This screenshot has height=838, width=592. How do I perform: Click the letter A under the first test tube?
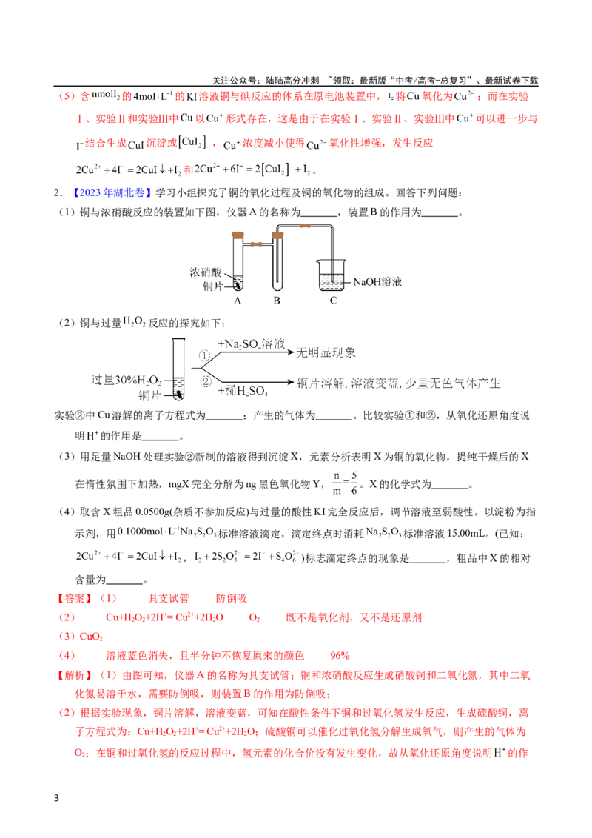click(238, 301)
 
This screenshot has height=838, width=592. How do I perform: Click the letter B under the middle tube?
click(277, 301)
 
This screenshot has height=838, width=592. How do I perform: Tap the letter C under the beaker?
click(334, 301)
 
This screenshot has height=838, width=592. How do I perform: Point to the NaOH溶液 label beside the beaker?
click(377, 281)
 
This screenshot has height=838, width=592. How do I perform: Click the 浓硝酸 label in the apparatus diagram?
click(205, 272)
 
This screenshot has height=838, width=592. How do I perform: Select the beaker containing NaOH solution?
click(332, 275)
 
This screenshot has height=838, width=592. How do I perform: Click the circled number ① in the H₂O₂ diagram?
click(205, 355)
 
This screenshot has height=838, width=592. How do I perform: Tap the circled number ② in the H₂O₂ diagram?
click(206, 381)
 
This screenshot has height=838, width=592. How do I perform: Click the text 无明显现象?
click(326, 352)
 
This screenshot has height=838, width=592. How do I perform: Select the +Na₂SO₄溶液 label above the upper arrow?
click(251, 343)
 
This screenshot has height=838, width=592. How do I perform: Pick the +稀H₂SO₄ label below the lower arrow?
click(243, 391)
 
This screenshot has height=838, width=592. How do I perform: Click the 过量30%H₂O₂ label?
click(127, 380)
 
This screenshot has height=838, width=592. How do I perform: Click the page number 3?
click(57, 799)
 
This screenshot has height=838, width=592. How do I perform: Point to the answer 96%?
click(340, 656)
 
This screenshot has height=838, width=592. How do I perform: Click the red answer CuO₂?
click(91, 637)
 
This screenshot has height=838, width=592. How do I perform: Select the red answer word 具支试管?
click(169, 599)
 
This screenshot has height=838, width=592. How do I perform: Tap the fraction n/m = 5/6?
click(345, 483)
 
